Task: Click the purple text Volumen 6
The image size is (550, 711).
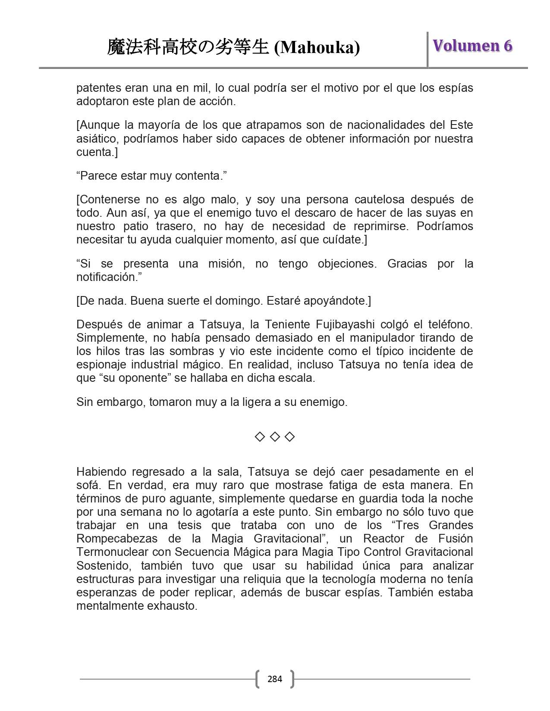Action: (x=472, y=46)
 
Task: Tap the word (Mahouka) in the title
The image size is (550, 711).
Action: (x=317, y=47)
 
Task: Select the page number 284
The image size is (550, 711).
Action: (x=275, y=679)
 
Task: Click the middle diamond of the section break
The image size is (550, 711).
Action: (x=275, y=437)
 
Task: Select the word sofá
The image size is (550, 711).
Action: (x=88, y=485)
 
